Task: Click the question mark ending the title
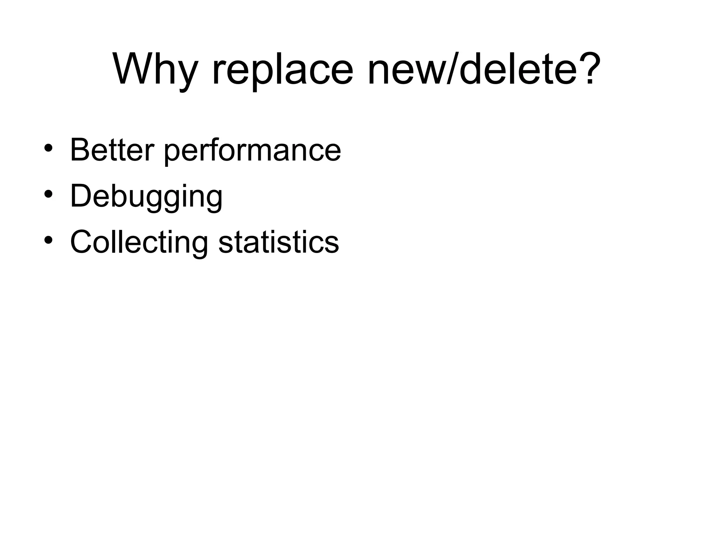point(590,68)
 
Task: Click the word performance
point(252,151)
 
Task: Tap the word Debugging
point(146,196)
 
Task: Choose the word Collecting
point(139,242)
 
